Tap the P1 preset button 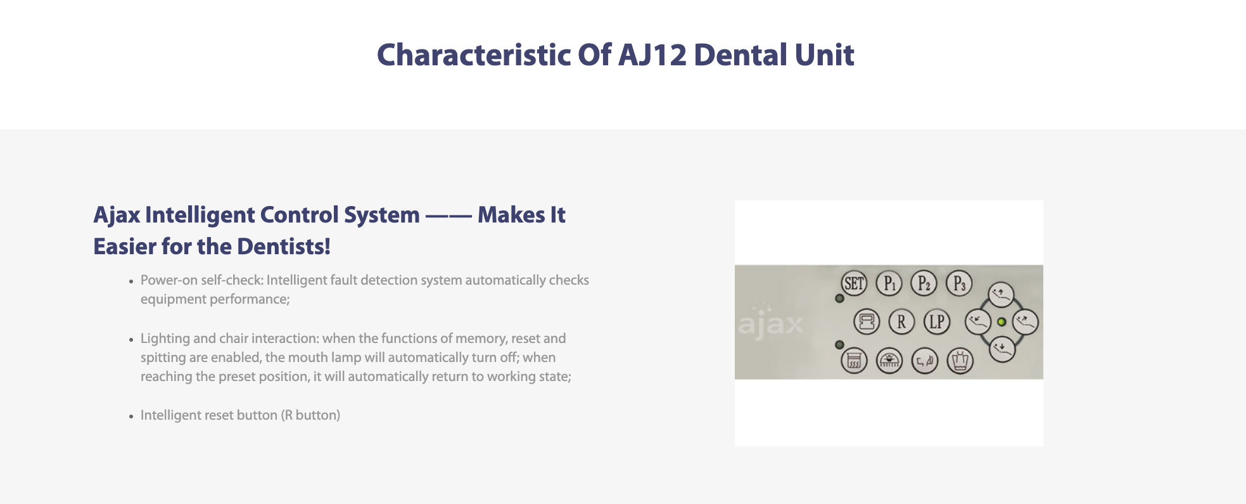889,283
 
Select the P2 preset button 924,283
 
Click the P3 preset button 959,283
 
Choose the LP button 937,322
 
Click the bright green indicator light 1001,322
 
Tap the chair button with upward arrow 1001,294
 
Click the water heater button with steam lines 854,361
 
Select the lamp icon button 889,361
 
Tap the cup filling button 960,361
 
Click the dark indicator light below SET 839,298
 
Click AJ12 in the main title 652,55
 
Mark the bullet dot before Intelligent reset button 131,417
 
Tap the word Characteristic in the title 473,55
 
